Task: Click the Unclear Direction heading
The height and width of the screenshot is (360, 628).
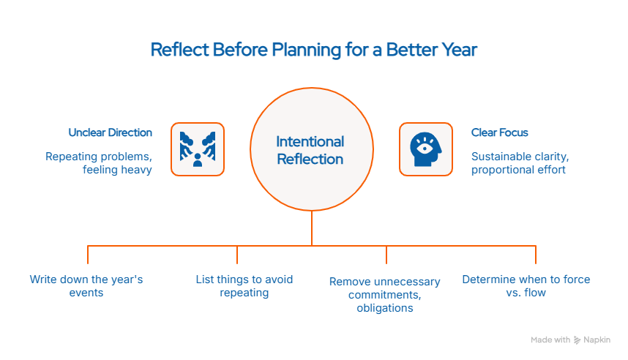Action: click(x=111, y=132)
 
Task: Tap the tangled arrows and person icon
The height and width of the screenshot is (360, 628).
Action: click(x=197, y=149)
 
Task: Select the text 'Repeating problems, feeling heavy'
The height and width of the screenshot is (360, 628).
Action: click(x=99, y=163)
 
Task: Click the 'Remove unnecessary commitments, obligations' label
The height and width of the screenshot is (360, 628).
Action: click(x=384, y=294)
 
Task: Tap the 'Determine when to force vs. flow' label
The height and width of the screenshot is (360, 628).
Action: click(x=526, y=285)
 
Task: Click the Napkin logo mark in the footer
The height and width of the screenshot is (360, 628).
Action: click(x=577, y=340)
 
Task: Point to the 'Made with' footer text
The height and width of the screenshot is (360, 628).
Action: click(x=550, y=340)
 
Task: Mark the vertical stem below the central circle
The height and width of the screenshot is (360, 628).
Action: click(x=312, y=227)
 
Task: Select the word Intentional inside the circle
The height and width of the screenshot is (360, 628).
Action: click(x=310, y=141)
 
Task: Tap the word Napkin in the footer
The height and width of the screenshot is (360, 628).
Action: click(x=597, y=340)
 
